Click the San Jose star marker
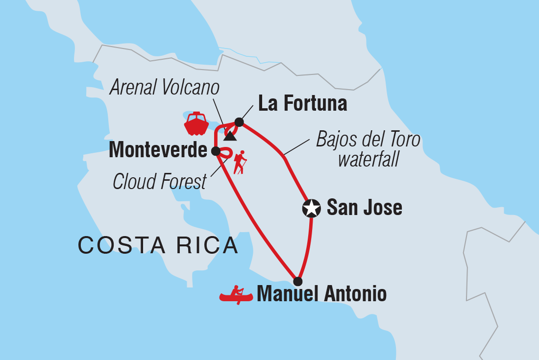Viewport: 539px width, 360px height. [312, 209]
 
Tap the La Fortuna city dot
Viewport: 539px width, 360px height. [239, 122]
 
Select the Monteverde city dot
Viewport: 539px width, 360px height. [216, 151]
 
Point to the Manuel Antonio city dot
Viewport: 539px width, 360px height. [297, 281]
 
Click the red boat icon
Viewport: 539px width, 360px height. [196, 124]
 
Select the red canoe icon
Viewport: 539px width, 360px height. [236, 295]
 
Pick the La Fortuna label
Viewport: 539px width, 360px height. [302, 104]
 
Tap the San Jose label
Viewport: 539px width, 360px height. [364, 208]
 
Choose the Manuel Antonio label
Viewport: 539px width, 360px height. [321, 294]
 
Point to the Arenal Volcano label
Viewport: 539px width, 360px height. [164, 88]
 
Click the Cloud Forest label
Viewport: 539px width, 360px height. [160, 182]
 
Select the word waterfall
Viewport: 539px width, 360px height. [368, 160]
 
